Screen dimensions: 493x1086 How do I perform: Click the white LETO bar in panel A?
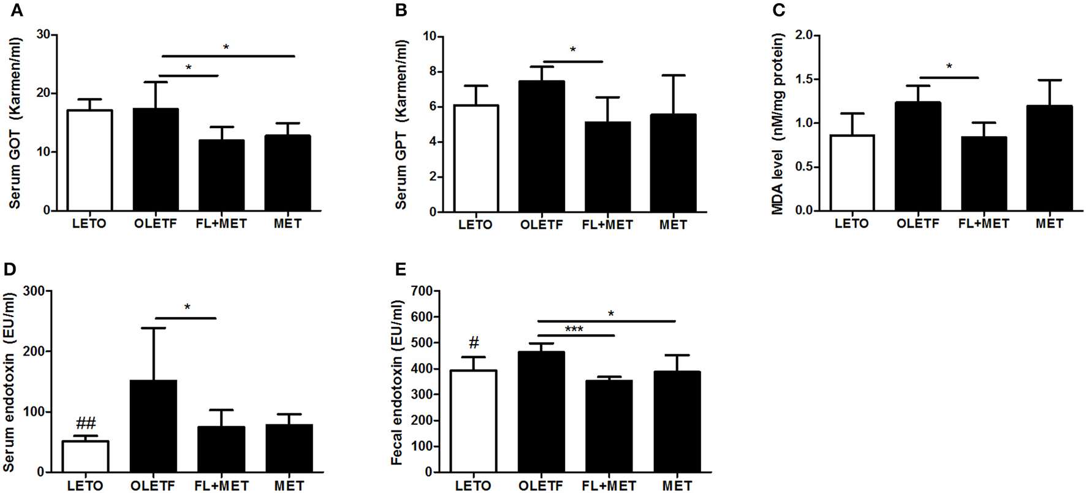tap(89, 160)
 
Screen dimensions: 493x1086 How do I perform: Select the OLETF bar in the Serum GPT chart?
tap(541, 147)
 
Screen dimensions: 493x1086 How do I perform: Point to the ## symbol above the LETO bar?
tap(86, 423)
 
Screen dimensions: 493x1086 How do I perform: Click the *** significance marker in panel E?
tap(574, 329)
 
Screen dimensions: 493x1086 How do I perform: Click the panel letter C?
tap(778, 10)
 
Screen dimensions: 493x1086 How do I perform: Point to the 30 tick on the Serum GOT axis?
tap(43, 35)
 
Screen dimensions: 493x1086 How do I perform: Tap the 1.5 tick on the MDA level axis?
tap(808, 80)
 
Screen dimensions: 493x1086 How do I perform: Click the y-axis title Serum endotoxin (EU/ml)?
tap(9, 381)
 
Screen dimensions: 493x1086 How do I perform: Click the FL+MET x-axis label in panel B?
tap(607, 225)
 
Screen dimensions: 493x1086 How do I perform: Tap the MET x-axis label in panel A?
tap(287, 224)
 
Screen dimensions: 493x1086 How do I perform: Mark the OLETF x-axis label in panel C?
tap(917, 224)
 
